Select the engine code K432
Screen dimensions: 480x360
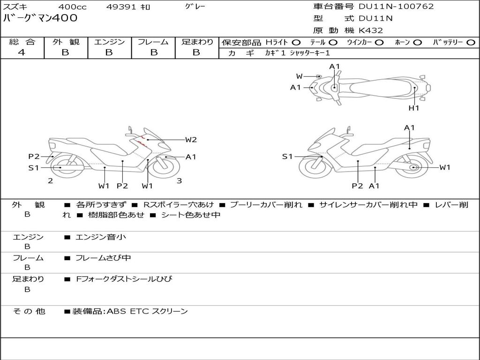pyautogui.click(x=371, y=30)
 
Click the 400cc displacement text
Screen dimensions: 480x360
pyautogui.click(x=71, y=7)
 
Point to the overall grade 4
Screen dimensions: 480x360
pyautogui.click(x=22, y=52)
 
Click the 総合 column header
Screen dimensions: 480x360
pyautogui.click(x=22, y=42)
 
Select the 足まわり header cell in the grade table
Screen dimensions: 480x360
pyautogui.click(x=197, y=42)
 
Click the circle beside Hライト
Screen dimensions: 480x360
pyautogui.click(x=296, y=43)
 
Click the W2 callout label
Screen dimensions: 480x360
pyautogui.click(x=190, y=140)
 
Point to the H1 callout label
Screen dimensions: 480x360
pyautogui.click(x=413, y=108)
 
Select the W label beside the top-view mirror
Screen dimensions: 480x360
pyautogui.click(x=299, y=76)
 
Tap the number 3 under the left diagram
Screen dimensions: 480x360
pyautogui.click(x=179, y=180)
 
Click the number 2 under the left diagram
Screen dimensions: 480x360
pyautogui.click(x=50, y=180)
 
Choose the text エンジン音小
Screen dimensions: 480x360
pyautogui.click(x=101, y=237)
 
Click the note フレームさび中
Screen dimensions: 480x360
pyautogui.click(x=103, y=258)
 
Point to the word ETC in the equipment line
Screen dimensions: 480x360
pyautogui.click(x=139, y=311)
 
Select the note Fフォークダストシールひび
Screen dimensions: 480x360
pyautogui.click(x=124, y=279)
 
